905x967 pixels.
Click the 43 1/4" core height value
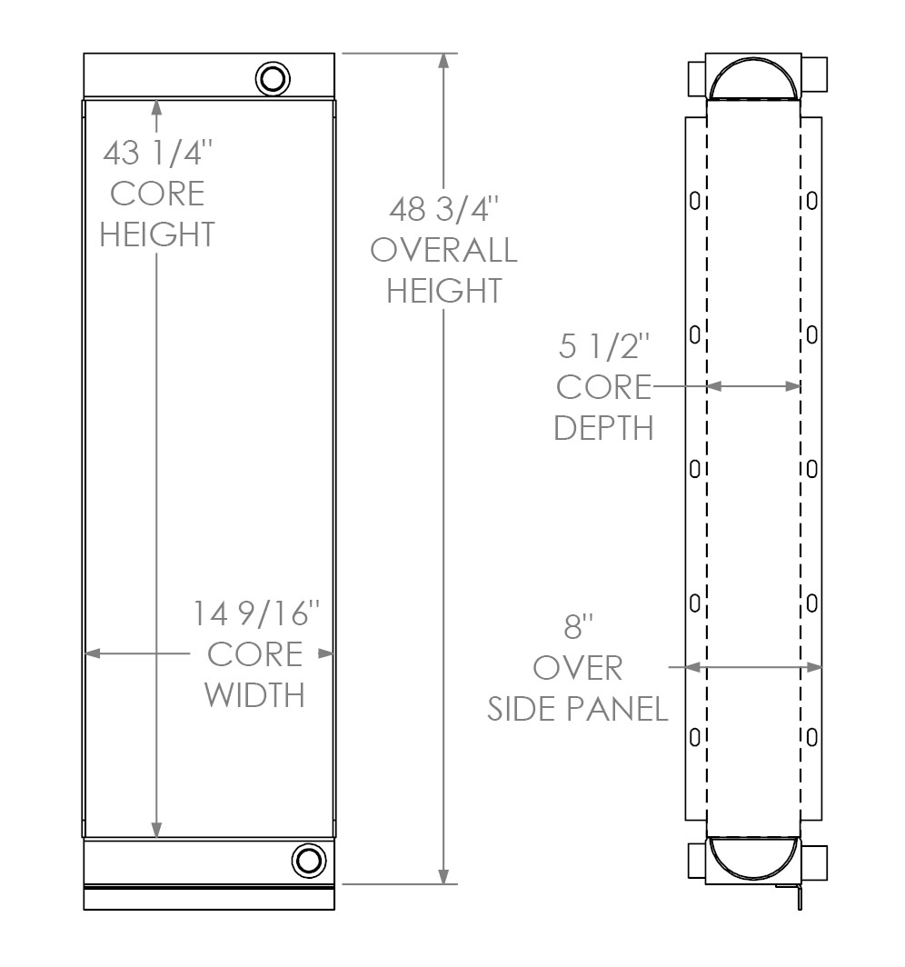coord(156,152)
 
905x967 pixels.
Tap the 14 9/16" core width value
coord(257,614)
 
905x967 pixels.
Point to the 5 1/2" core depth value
coord(603,346)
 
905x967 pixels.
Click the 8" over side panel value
coord(579,627)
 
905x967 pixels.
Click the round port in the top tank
coord(272,78)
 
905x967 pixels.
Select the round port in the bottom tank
coord(308,860)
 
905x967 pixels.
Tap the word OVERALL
coord(443,249)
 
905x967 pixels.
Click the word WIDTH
coord(254,695)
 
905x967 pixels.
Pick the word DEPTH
coord(603,427)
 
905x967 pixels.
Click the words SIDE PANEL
coord(578,709)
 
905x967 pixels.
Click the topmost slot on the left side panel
coord(695,201)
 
